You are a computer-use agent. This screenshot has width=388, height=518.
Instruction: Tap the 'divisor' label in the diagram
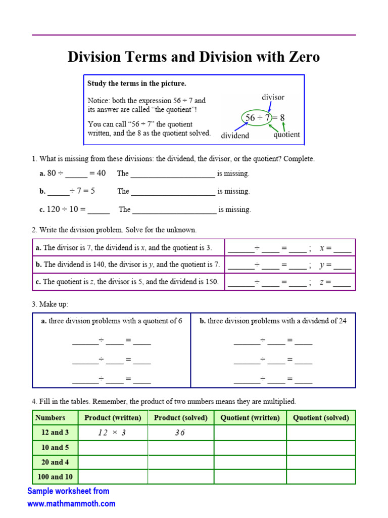(273, 97)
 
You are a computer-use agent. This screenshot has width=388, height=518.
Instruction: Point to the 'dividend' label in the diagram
(235, 136)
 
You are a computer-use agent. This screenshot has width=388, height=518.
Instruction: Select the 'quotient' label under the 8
(286, 135)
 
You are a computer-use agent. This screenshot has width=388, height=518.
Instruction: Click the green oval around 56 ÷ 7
(257, 118)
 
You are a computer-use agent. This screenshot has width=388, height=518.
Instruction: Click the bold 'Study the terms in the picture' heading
(136, 83)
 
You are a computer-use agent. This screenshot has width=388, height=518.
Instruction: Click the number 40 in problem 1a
(101, 174)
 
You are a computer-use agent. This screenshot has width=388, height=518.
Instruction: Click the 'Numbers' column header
(50, 418)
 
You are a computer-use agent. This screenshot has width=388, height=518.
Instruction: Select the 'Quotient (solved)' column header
(321, 418)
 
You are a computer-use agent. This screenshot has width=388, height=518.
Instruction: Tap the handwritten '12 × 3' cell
(112, 433)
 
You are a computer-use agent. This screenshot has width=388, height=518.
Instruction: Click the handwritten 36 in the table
(180, 433)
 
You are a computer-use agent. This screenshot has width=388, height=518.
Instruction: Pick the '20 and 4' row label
(56, 462)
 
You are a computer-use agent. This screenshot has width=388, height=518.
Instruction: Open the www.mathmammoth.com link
(71, 504)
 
